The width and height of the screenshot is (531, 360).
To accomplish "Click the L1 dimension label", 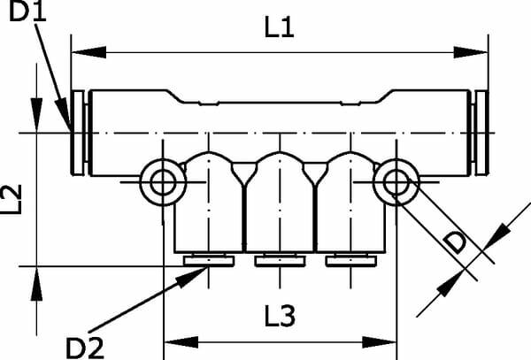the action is click(x=279, y=27).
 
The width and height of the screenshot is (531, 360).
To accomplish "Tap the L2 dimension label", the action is click(x=12, y=199).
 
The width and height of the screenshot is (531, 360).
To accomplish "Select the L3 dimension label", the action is click(x=280, y=316).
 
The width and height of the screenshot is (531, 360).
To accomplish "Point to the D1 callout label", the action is click(x=27, y=11).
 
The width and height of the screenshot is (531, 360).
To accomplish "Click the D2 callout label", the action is click(x=85, y=349).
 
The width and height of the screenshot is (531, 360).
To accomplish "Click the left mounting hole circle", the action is click(x=163, y=182).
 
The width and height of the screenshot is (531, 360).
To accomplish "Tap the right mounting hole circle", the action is click(x=396, y=182).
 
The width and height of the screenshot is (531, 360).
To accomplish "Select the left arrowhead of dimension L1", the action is click(x=89, y=52).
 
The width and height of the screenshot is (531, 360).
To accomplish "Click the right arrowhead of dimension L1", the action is click(x=471, y=52).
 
